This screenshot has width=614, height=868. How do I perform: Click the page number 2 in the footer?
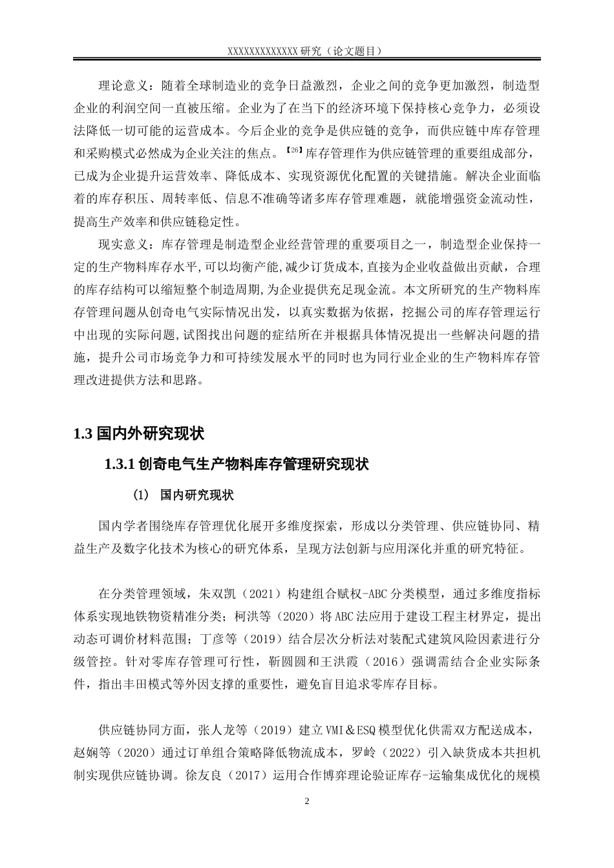pos(307,801)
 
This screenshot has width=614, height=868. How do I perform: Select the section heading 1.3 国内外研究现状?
pos(139,433)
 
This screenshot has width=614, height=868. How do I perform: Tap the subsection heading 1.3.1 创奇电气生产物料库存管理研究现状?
pos(236,464)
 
